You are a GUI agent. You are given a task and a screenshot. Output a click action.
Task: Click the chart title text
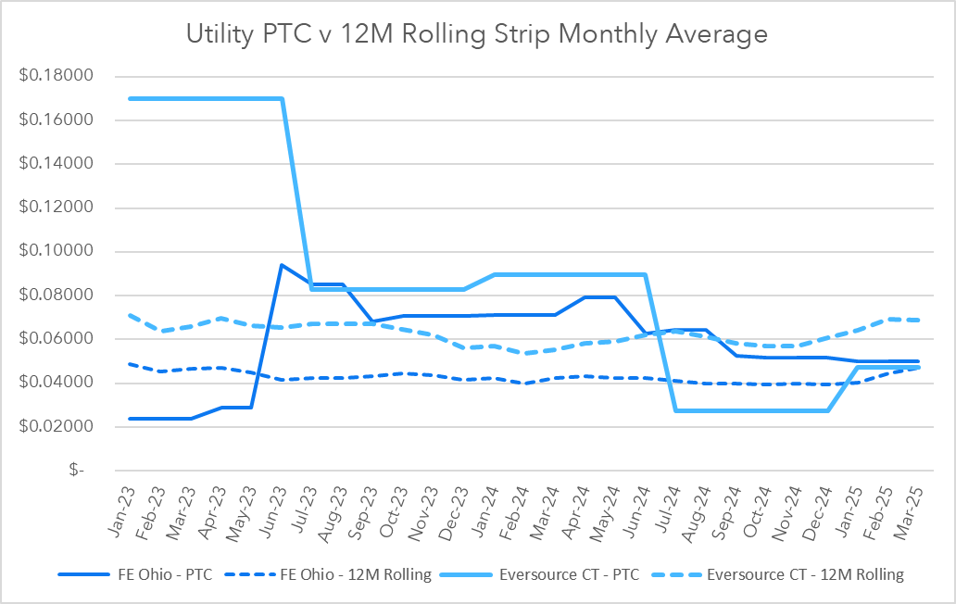point(477,34)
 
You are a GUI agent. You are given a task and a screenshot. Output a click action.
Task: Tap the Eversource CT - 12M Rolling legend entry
point(804,574)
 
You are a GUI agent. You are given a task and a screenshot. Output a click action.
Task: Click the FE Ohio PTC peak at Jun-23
point(282,265)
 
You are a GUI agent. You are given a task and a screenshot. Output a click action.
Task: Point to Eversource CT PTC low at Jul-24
point(675,410)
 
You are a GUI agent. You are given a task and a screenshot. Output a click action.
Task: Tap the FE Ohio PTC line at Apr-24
point(585,297)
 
